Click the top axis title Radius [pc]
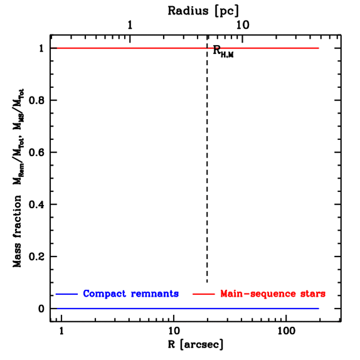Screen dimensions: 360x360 [203, 11]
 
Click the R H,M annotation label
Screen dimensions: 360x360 [223, 51]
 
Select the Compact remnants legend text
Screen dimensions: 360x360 [131, 294]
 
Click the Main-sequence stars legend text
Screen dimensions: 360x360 [272, 294]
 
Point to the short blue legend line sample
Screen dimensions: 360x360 [66, 294]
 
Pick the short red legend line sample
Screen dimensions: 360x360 [204, 294]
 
